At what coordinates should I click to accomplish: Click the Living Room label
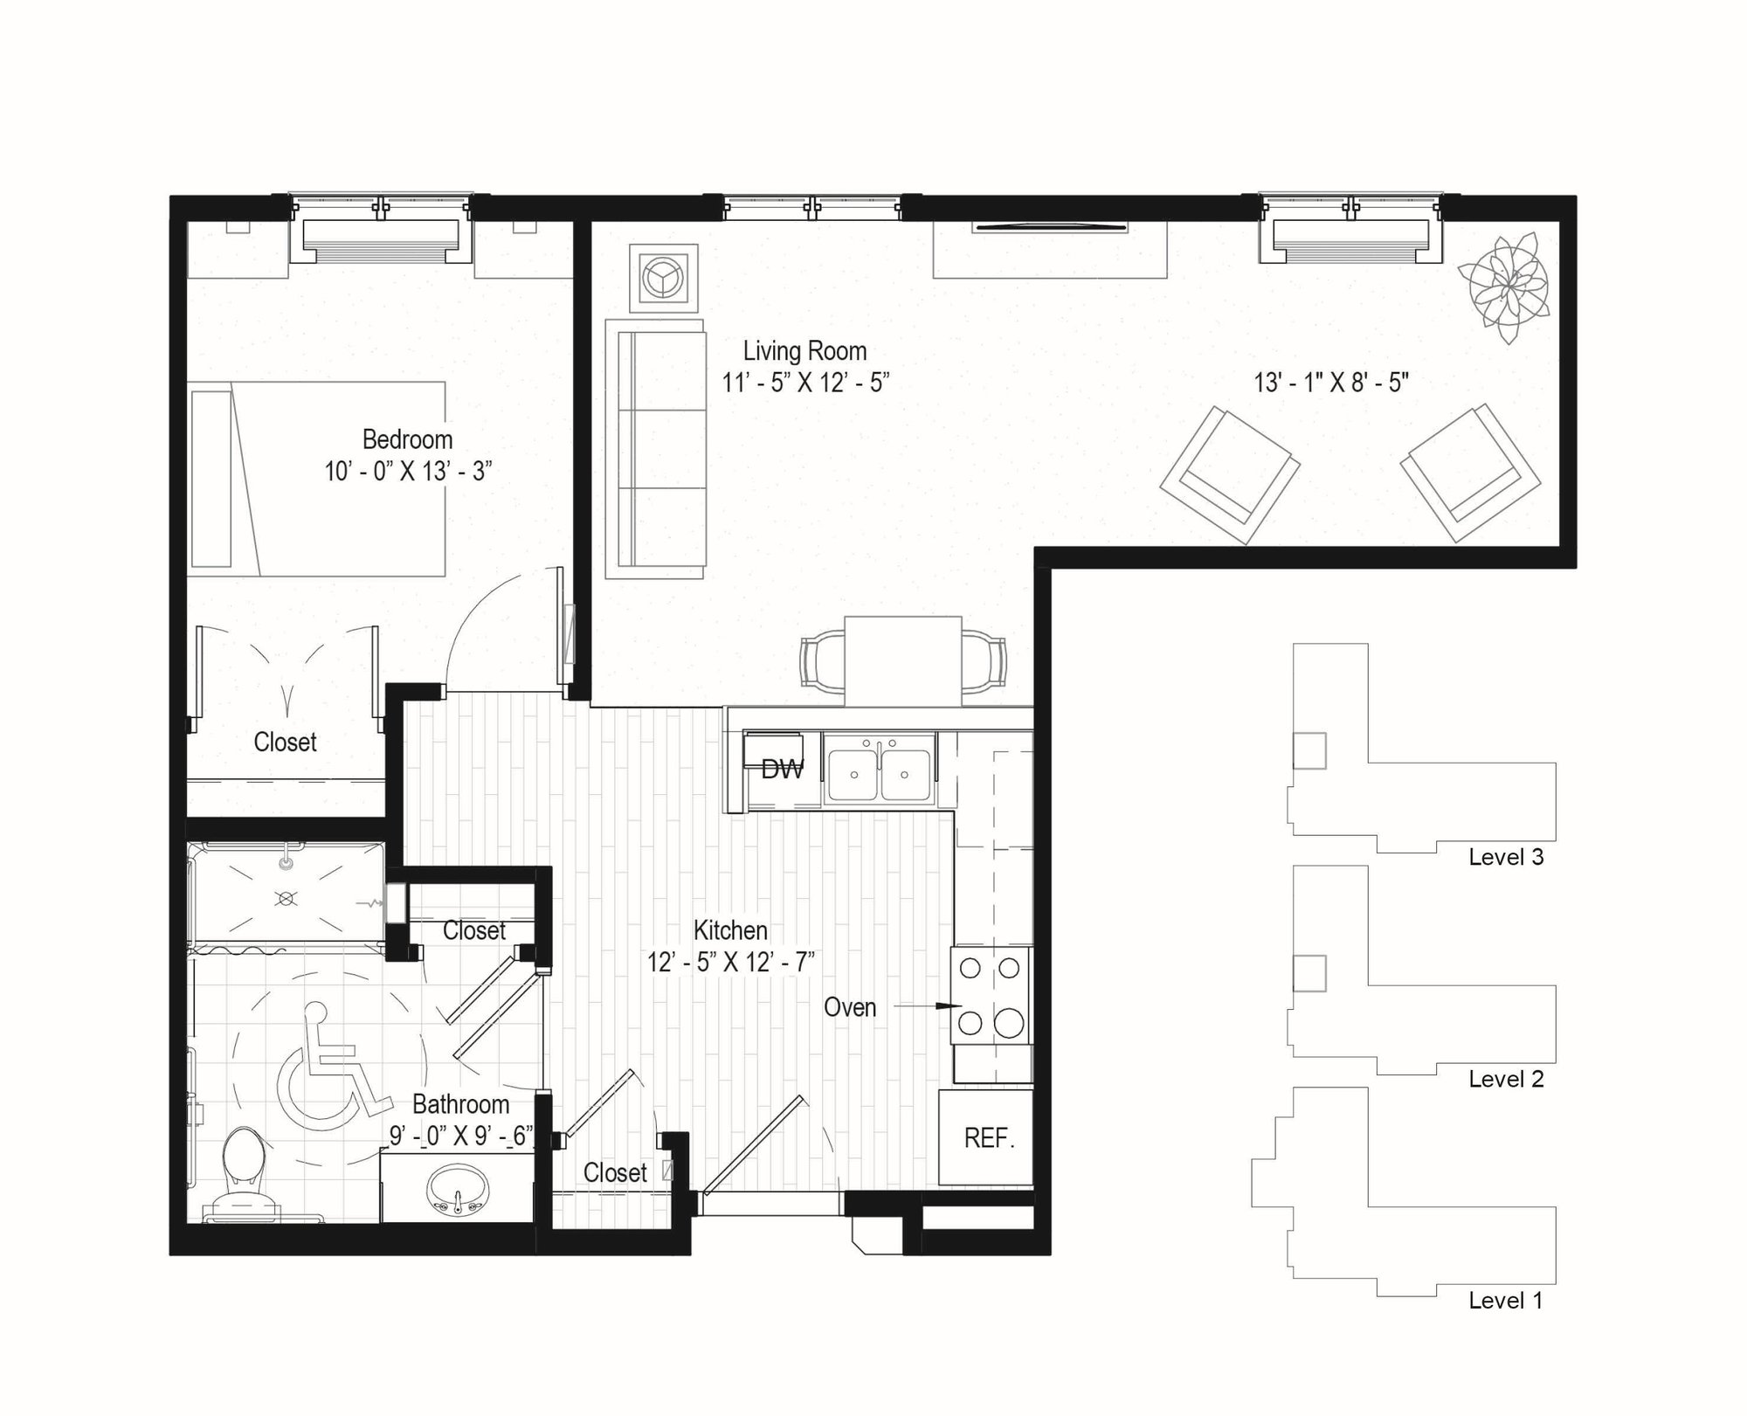(x=804, y=351)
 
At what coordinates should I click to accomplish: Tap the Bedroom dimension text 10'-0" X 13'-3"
(x=408, y=472)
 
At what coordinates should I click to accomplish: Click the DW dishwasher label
(x=782, y=770)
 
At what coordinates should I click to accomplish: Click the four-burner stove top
(x=991, y=995)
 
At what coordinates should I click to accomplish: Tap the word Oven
(x=849, y=1007)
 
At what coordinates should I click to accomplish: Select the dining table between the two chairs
(x=903, y=661)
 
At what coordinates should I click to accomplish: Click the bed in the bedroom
(x=316, y=479)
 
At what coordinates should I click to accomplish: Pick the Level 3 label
(x=1506, y=857)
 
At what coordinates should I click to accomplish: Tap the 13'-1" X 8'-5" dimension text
(x=1331, y=383)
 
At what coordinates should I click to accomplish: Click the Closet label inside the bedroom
(x=285, y=742)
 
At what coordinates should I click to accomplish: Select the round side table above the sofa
(x=665, y=278)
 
